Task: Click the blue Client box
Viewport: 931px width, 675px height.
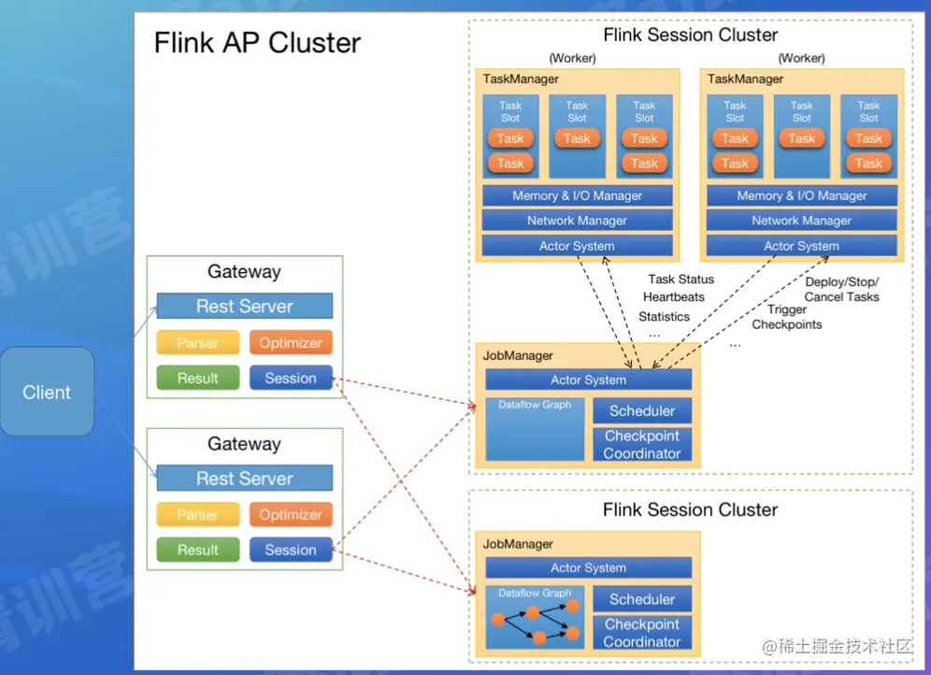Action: point(47,392)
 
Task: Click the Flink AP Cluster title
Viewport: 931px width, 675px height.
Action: point(257,43)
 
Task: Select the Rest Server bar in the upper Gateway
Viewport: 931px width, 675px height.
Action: point(244,307)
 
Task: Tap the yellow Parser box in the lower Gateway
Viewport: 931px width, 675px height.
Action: point(197,515)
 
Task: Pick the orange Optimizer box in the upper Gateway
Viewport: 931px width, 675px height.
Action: point(291,343)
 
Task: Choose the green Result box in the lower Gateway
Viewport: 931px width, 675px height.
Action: point(197,551)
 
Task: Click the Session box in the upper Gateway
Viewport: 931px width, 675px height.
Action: point(291,379)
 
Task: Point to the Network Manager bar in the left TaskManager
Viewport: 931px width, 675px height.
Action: point(577,221)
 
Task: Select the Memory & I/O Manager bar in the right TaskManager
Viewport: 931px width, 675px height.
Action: point(801,195)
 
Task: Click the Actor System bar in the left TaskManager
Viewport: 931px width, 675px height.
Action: point(577,246)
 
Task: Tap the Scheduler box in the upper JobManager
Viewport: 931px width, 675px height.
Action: point(641,410)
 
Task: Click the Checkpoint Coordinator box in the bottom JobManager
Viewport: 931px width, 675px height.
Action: point(641,633)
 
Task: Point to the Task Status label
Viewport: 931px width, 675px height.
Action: point(680,279)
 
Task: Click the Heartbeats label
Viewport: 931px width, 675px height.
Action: point(674,297)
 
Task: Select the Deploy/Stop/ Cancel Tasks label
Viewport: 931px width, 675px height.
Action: point(841,289)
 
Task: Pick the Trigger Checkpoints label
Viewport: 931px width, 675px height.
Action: point(787,317)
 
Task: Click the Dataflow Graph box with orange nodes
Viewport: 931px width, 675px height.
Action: point(535,617)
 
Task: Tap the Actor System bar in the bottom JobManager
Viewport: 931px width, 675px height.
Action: point(588,567)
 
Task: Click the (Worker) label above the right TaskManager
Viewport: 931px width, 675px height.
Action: point(801,58)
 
